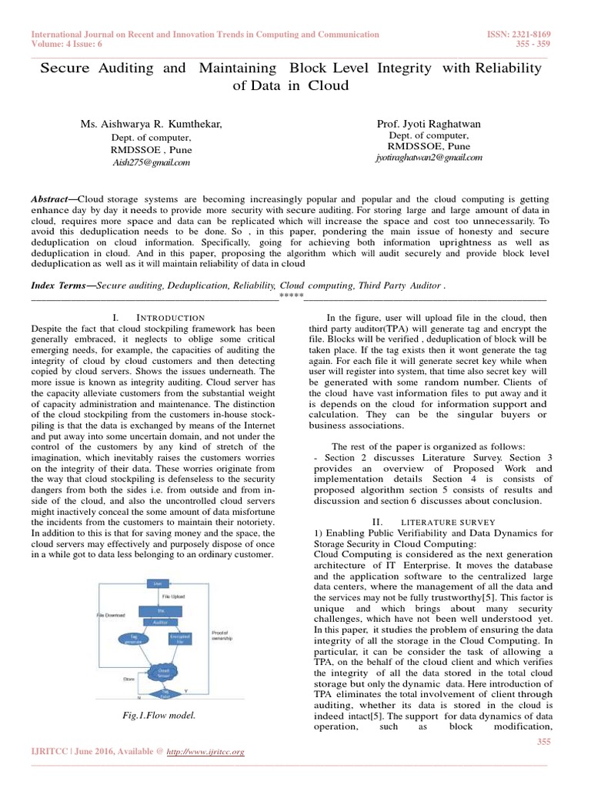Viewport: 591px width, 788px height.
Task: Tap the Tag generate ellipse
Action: coord(135,639)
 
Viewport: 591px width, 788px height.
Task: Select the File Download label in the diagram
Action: coord(110,616)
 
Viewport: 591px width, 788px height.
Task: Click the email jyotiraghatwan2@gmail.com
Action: coord(429,157)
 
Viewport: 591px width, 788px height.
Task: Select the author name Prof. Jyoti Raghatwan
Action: coord(429,124)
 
